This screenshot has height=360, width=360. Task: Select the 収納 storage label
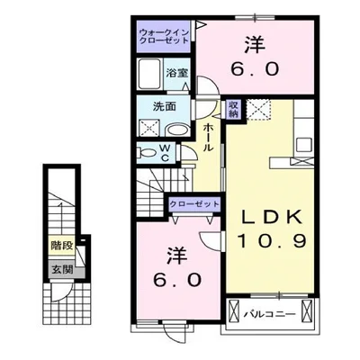click(x=232, y=108)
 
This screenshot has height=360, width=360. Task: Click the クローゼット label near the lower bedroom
click(x=194, y=204)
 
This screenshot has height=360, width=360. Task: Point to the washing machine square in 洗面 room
click(x=147, y=130)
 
